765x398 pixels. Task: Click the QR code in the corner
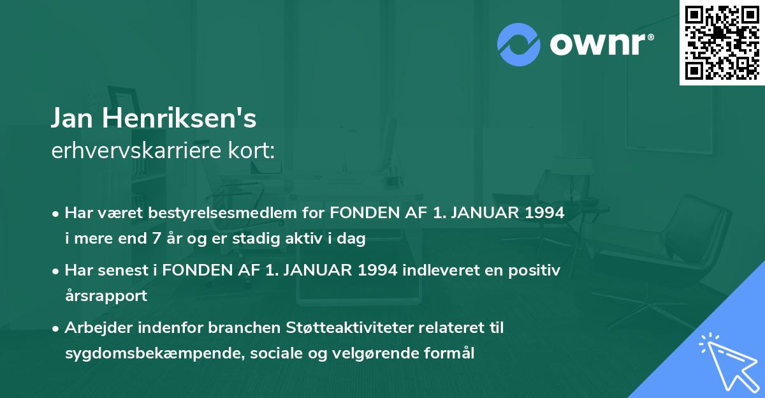click(722, 43)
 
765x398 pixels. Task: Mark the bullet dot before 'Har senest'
click(57, 271)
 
